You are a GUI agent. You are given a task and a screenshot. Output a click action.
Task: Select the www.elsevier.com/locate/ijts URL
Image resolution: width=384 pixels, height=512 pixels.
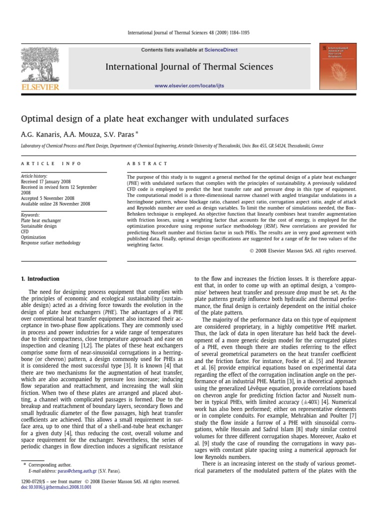[189, 85]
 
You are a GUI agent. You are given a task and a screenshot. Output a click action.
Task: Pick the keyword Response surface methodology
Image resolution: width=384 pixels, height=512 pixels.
[50, 242]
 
